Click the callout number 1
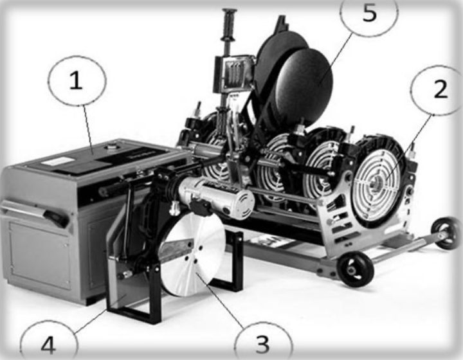76,81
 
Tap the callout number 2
440,89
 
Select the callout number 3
262,344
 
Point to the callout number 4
49,346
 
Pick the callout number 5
370,13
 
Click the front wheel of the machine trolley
355,269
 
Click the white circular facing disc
192,255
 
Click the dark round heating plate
303,86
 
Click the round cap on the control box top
112,145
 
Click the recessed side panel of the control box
39,256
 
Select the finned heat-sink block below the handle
233,74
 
